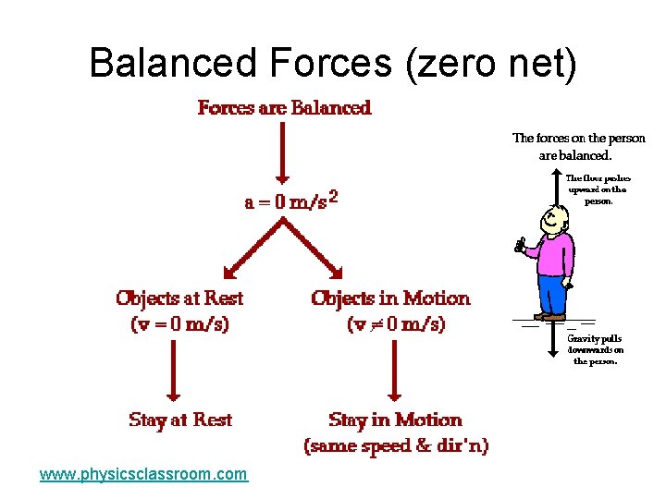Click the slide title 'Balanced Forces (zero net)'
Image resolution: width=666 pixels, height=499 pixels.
[333, 63]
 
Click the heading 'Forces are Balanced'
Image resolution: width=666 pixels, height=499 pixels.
[285, 108]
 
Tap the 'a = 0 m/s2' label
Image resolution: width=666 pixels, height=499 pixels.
[290, 202]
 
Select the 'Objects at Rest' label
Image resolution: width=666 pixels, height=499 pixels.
[179, 298]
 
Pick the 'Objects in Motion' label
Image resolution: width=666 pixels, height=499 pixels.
[390, 298]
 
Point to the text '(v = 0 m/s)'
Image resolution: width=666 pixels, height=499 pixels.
[179, 324]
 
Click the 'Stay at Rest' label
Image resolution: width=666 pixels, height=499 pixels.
[180, 420]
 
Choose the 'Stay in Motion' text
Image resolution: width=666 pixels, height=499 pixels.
[395, 420]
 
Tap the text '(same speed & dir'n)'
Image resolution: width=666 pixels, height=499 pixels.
[396, 445]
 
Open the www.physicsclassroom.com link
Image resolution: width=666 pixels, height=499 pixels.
[143, 474]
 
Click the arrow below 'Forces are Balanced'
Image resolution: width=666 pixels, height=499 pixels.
[284, 152]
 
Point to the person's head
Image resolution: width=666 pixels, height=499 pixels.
[553, 218]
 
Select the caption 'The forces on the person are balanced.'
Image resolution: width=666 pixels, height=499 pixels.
[579, 146]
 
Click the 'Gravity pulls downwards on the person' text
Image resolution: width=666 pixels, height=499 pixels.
[595, 349]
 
